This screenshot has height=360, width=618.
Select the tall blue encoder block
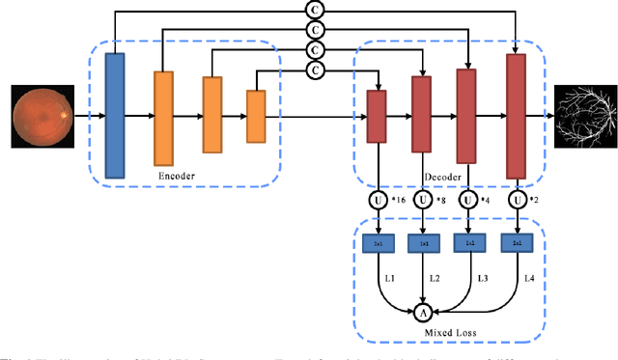[x=114, y=116]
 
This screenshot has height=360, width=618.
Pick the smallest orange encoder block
[x=256, y=116]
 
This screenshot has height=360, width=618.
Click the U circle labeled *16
[x=376, y=201]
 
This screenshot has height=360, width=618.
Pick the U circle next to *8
[x=422, y=201]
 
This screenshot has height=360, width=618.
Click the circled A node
[x=422, y=312]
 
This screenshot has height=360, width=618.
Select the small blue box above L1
[x=377, y=245]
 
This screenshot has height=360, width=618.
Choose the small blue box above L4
[x=518, y=245]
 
